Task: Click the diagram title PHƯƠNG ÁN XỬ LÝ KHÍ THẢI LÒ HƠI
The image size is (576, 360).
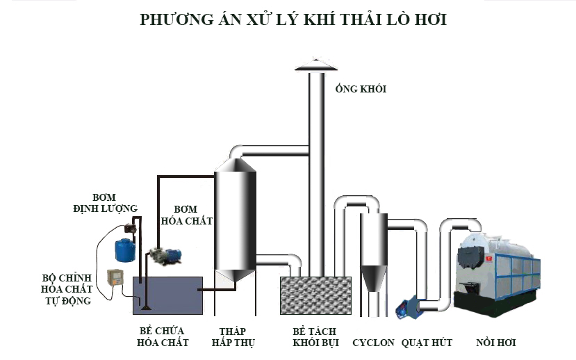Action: click(x=293, y=19)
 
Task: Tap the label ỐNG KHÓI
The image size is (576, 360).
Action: click(x=360, y=89)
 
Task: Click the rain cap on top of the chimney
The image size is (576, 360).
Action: click(x=316, y=64)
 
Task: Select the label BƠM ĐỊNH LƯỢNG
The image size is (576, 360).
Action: click(x=105, y=203)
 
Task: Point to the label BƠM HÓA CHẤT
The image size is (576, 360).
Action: click(x=186, y=215)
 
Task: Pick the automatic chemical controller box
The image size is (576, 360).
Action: click(x=114, y=279)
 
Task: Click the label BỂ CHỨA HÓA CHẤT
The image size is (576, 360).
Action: click(x=161, y=337)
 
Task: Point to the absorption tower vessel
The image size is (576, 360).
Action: click(x=235, y=219)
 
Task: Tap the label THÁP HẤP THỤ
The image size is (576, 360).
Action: click(x=235, y=337)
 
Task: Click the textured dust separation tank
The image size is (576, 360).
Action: click(x=315, y=295)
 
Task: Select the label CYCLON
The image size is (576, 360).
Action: click(x=373, y=343)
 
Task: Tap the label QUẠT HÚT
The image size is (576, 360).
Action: click(x=427, y=343)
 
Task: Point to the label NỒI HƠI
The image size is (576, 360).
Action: click(x=496, y=343)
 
